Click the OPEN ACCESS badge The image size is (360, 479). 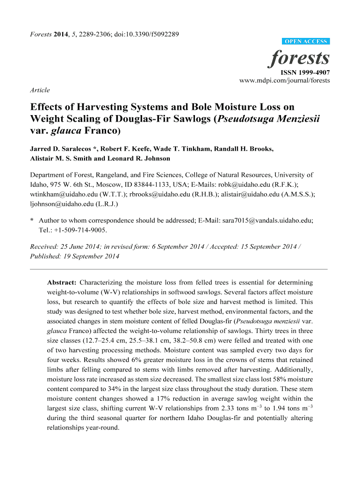(306, 42)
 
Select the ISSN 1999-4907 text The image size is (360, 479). (305, 73)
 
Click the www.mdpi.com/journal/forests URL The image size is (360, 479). (284, 80)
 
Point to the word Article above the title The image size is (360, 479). (40, 90)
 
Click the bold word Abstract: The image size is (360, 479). (62, 283)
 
